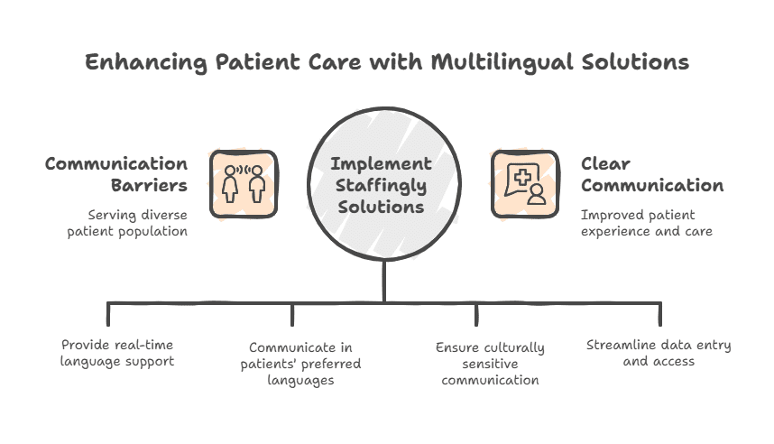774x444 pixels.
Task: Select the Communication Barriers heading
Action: click(x=116, y=175)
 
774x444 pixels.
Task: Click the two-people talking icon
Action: click(x=244, y=183)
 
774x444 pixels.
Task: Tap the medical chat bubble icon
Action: click(x=523, y=183)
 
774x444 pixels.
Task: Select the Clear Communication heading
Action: click(x=652, y=175)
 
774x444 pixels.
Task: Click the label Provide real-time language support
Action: click(x=117, y=353)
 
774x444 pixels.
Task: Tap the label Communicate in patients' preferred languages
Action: click(x=301, y=364)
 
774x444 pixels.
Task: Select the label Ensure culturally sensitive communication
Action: click(x=490, y=364)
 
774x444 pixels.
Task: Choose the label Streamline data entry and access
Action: click(x=659, y=353)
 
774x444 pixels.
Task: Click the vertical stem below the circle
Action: click(x=385, y=280)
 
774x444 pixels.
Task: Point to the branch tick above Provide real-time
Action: click(x=108, y=313)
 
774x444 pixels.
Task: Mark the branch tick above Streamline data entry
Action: click(x=659, y=313)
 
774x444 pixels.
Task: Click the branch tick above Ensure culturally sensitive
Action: click(x=476, y=313)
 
